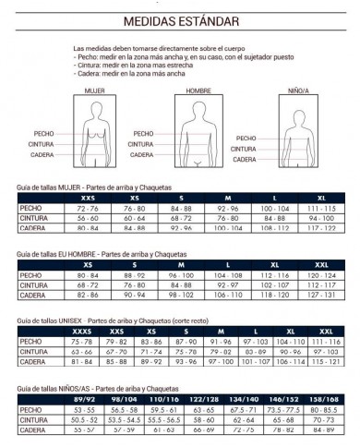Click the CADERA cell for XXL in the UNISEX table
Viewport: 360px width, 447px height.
point(324,357)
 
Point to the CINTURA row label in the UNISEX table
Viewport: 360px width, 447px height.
point(33,348)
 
